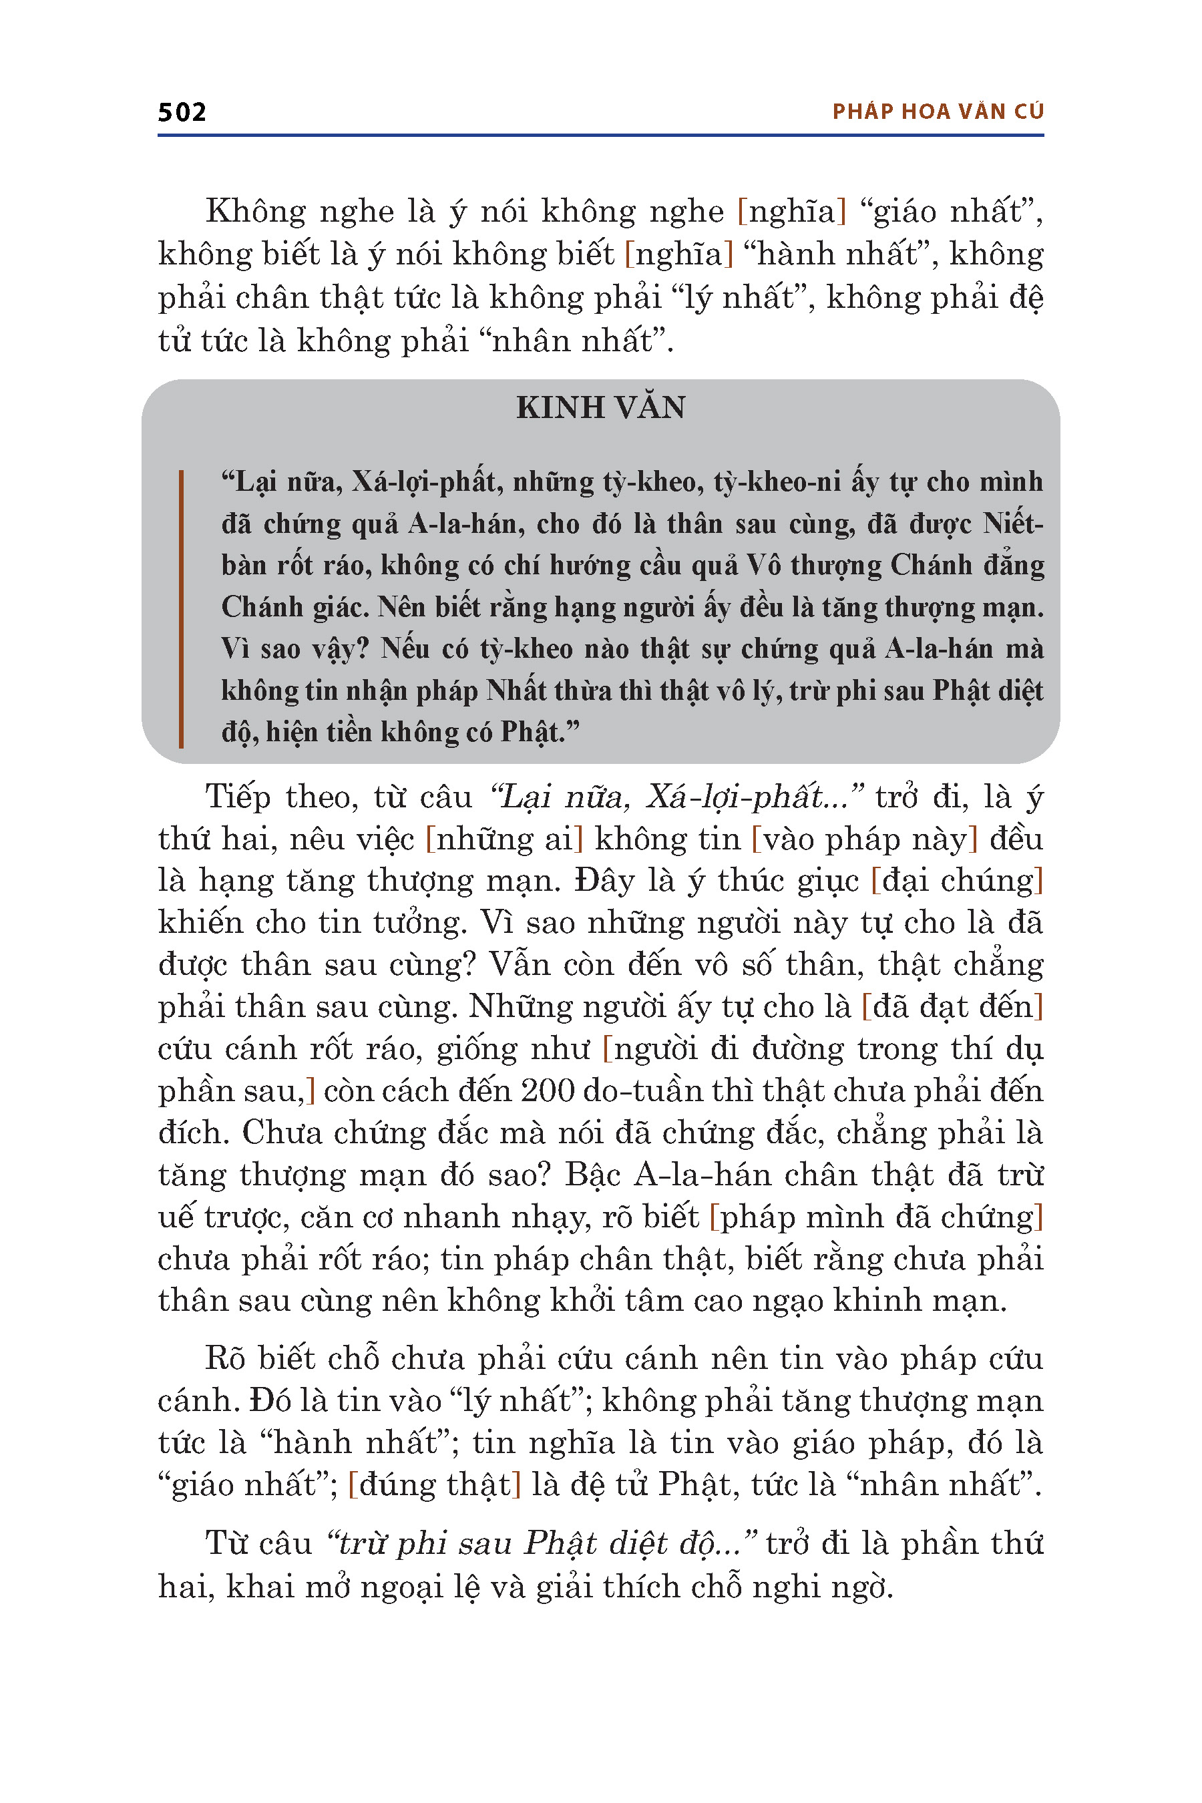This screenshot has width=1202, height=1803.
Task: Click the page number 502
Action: (x=182, y=113)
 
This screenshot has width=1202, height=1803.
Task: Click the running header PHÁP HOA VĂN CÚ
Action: (x=938, y=112)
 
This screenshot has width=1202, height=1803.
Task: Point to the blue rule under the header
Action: (x=600, y=135)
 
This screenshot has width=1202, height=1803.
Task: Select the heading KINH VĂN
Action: (x=600, y=408)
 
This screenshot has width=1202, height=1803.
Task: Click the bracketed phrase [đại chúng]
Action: (x=958, y=881)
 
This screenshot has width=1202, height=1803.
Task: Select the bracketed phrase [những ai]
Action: (x=504, y=839)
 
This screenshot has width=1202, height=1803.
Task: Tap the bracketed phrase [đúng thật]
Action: (x=434, y=1485)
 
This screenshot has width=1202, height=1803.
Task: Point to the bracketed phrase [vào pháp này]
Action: (x=865, y=839)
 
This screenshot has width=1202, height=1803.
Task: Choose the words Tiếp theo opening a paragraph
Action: (x=281, y=797)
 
